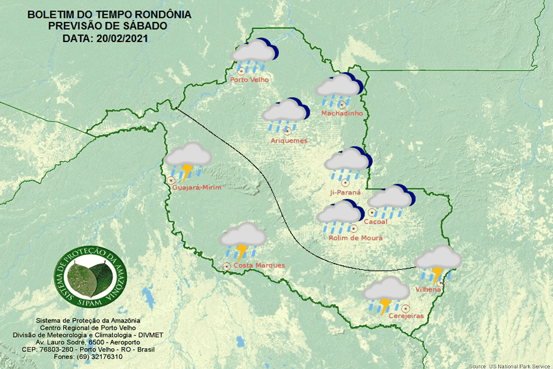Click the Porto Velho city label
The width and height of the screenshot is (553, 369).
click(249, 80)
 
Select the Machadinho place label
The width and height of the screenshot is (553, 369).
click(342, 114)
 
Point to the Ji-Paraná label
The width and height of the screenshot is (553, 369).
click(346, 192)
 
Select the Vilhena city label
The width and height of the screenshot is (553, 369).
click(428, 289)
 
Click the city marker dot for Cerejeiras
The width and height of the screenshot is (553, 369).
click(406, 308)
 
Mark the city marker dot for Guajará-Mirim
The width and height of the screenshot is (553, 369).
click(171, 180)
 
